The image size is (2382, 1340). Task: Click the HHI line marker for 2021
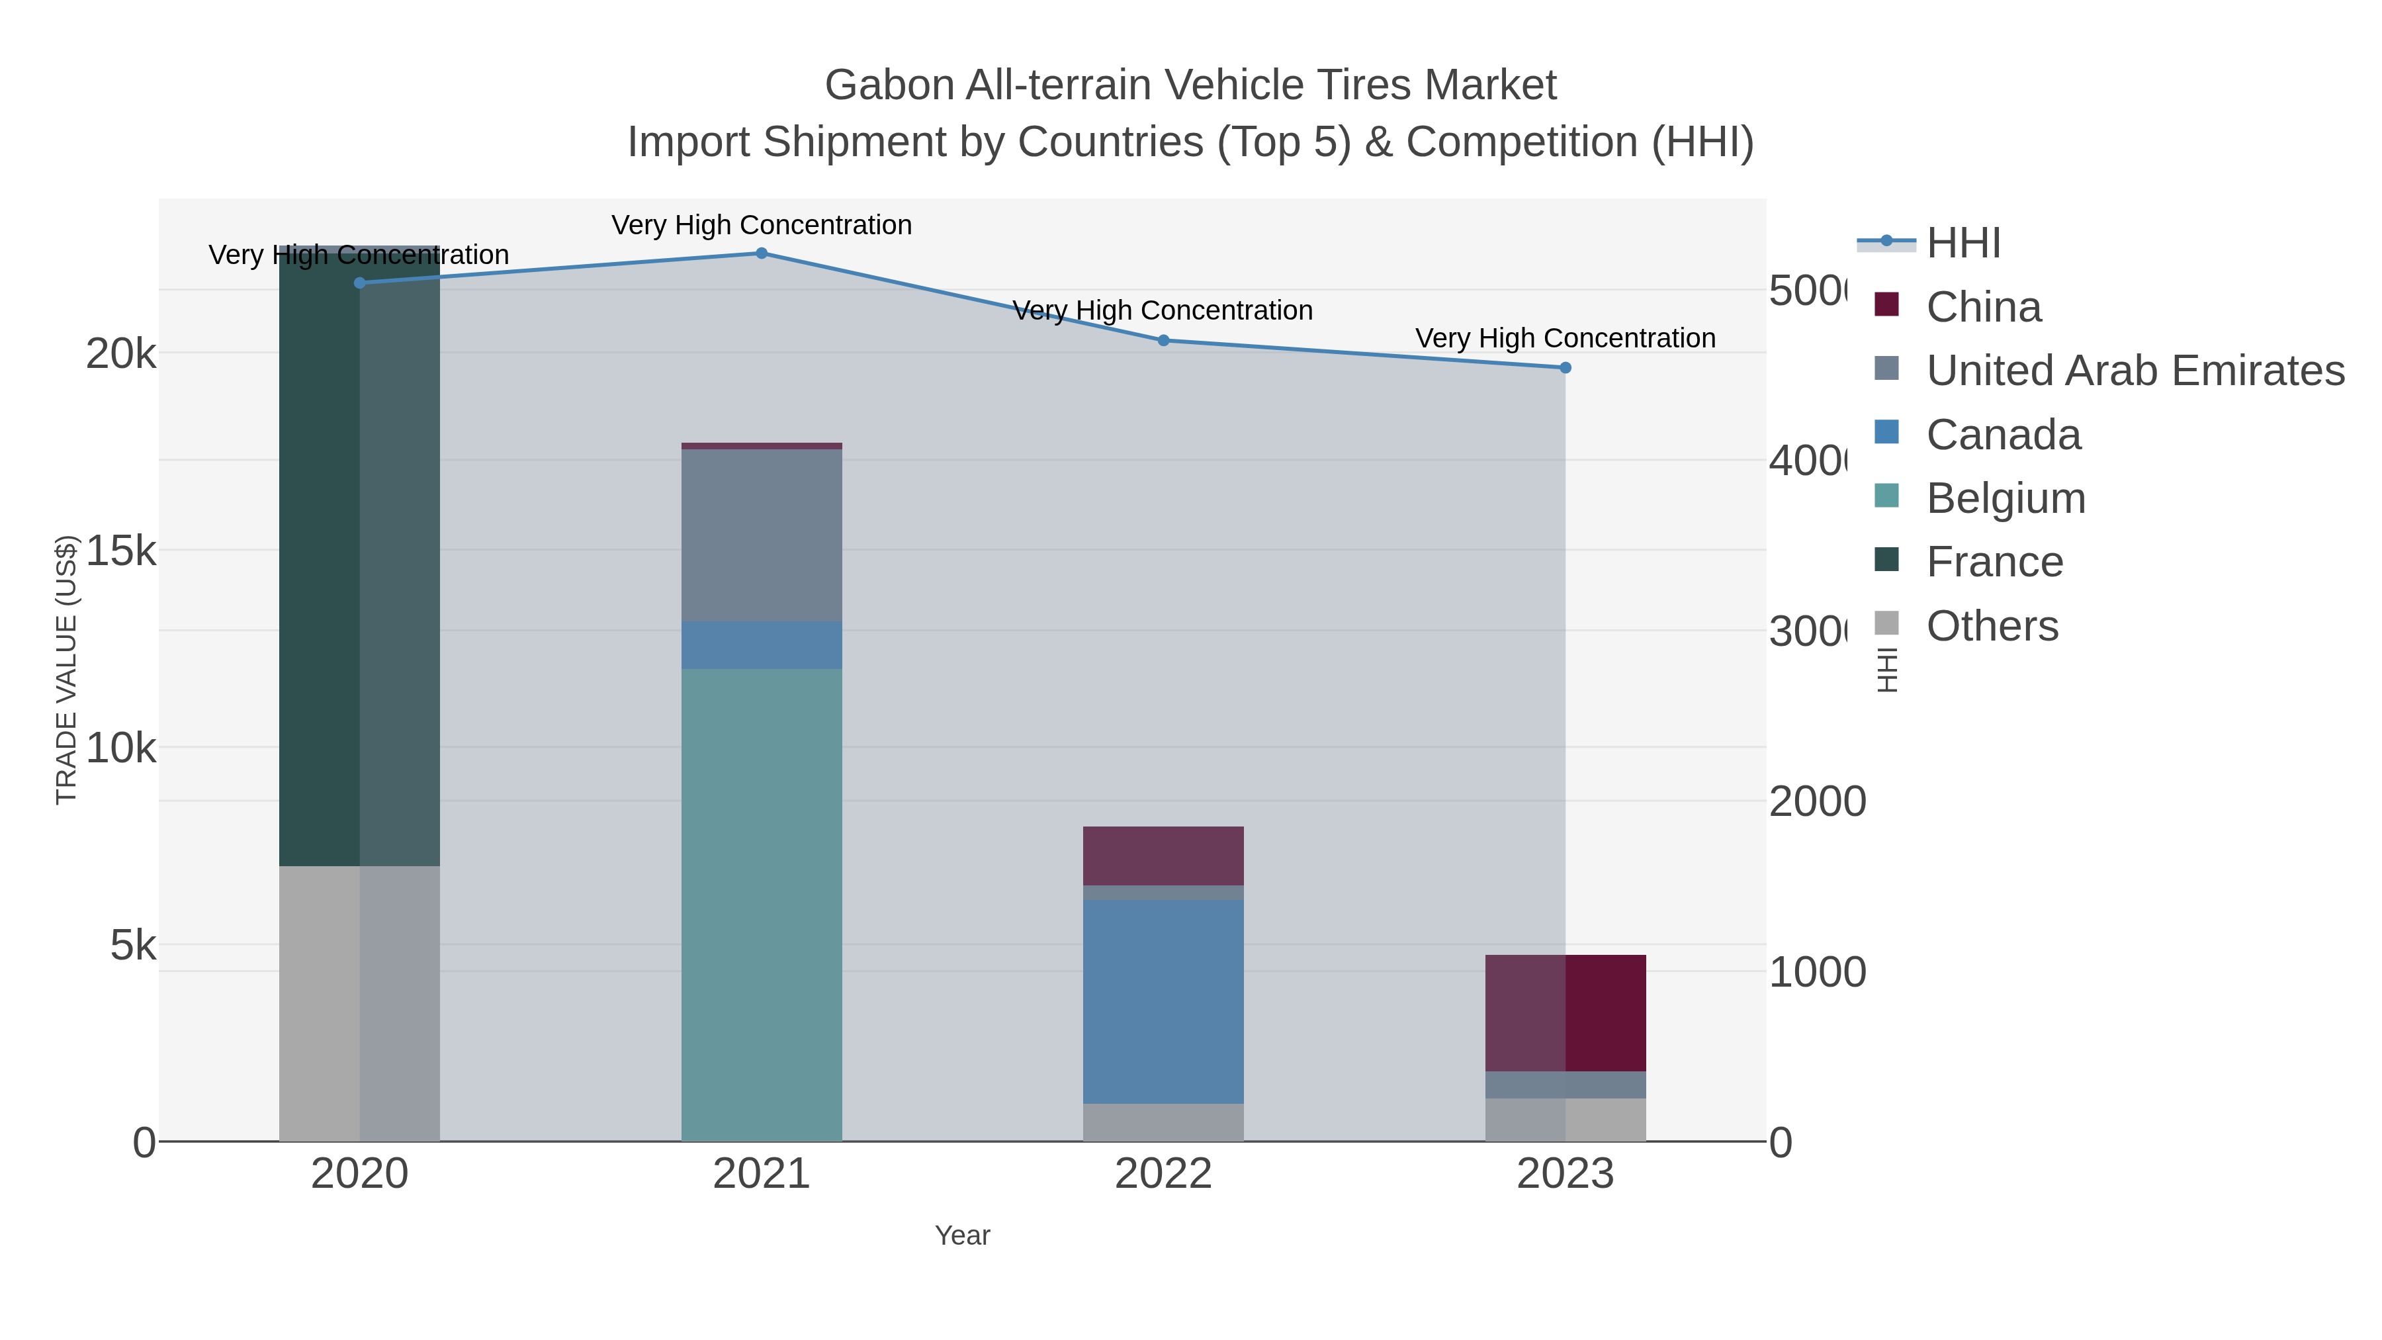click(x=761, y=253)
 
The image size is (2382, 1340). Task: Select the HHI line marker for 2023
click(x=1565, y=368)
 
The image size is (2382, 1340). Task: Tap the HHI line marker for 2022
click(x=1163, y=340)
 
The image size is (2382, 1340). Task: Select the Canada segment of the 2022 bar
click(x=1163, y=1002)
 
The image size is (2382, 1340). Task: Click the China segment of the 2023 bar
click(x=1565, y=1012)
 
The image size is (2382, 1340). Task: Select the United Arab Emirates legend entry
click(x=2134, y=371)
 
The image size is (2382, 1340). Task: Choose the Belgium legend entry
click(x=2005, y=498)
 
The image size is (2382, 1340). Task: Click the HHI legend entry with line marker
click(x=1963, y=244)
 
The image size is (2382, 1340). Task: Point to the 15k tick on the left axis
click(x=120, y=551)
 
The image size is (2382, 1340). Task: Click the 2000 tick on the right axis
click(x=1817, y=802)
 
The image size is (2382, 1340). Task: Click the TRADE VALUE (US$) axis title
click(x=67, y=670)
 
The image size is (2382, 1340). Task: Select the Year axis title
click(x=961, y=1235)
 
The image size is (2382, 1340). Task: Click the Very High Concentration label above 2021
click(x=761, y=225)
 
